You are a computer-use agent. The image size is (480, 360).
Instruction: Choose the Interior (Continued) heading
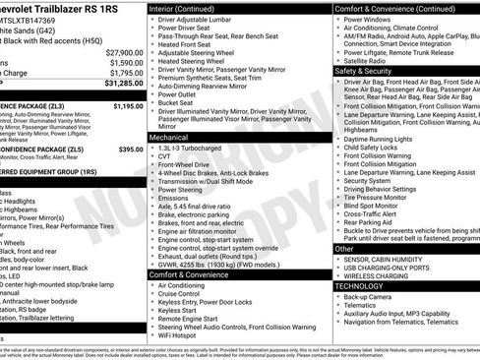190,8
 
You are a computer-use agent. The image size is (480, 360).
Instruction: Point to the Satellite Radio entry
375,59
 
